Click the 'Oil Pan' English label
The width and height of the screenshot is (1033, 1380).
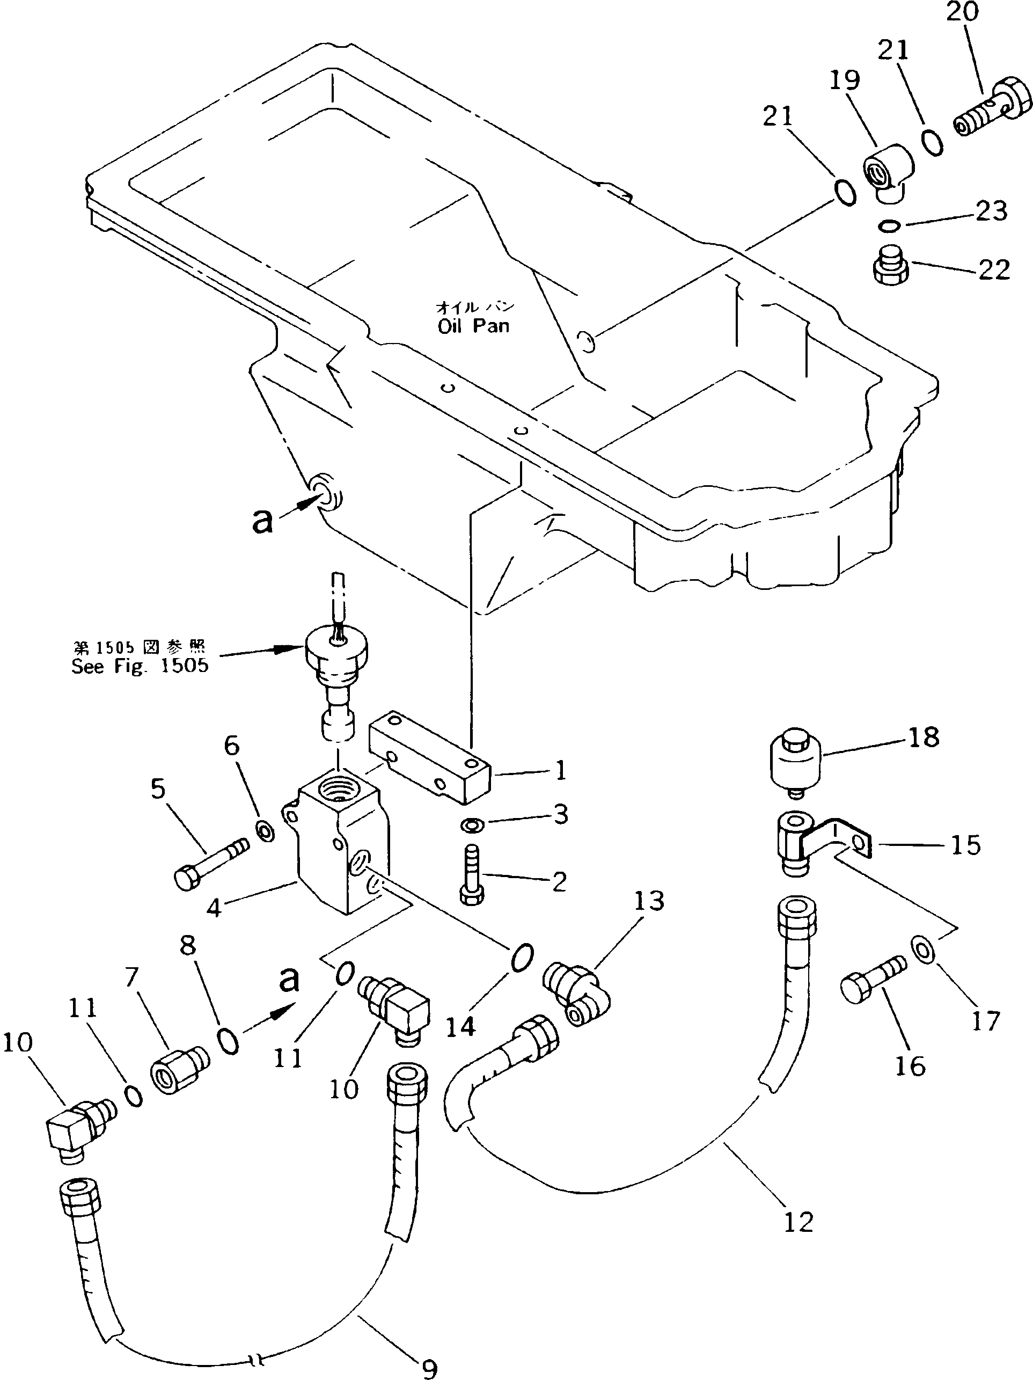pos(473,326)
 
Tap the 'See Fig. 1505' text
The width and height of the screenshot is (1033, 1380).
pos(139,666)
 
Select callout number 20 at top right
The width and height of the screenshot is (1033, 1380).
pos(963,12)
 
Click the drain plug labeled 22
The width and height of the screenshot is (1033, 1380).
pos(890,266)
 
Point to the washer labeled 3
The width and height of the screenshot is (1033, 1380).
pos(472,825)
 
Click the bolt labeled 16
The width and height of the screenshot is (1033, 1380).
pos(871,981)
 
